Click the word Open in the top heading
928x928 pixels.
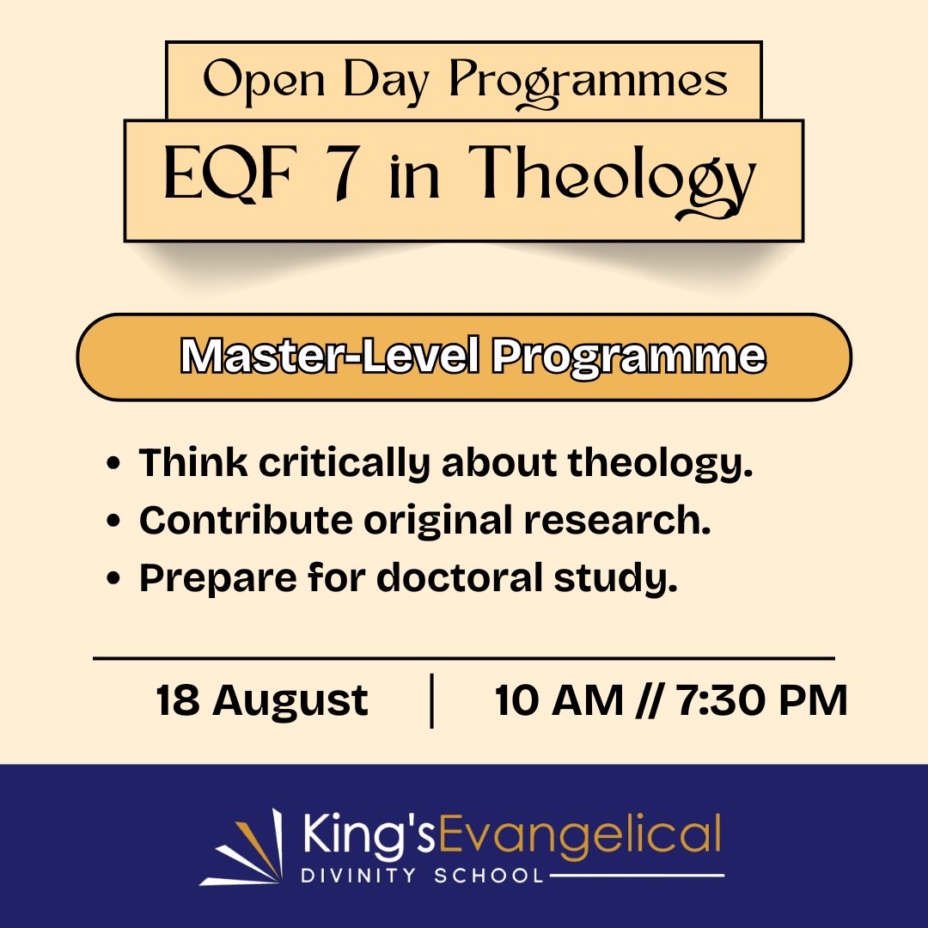(x=248, y=80)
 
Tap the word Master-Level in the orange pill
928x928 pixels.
(x=331, y=357)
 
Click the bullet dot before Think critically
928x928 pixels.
(x=113, y=466)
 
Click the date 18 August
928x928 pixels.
(x=262, y=700)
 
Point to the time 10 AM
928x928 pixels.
(x=559, y=700)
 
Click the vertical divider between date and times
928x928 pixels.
(x=430, y=700)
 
